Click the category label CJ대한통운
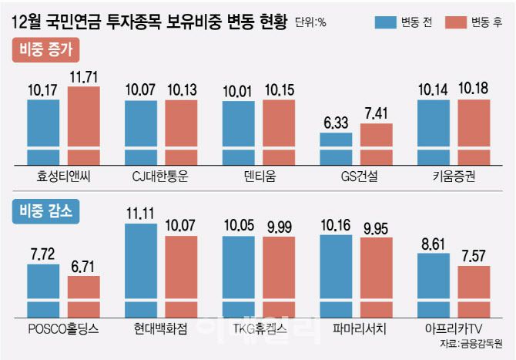click(x=160, y=175)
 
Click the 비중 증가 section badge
click(x=45, y=52)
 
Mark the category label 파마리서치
click(x=356, y=329)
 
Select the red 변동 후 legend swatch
click(x=457, y=21)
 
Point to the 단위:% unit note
click(x=310, y=22)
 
